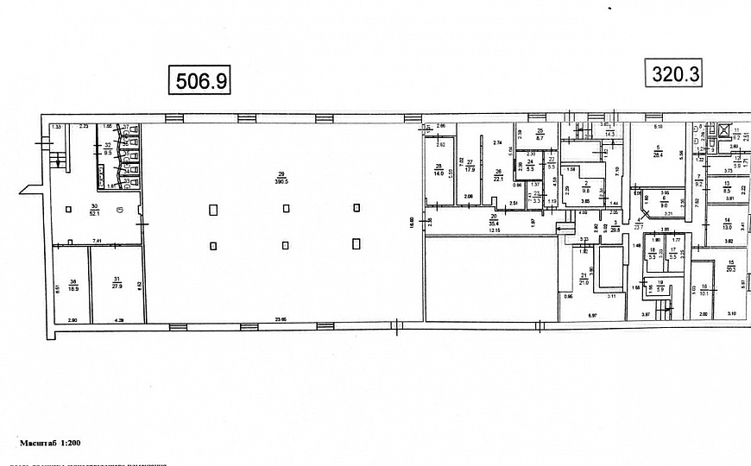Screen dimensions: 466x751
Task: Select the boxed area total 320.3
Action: pyautogui.click(x=673, y=73)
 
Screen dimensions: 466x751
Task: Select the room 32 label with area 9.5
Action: pyautogui.click(x=108, y=148)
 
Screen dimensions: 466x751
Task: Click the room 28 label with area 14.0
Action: pyautogui.click(x=439, y=170)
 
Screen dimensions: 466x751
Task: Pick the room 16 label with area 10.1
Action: pyautogui.click(x=704, y=289)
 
